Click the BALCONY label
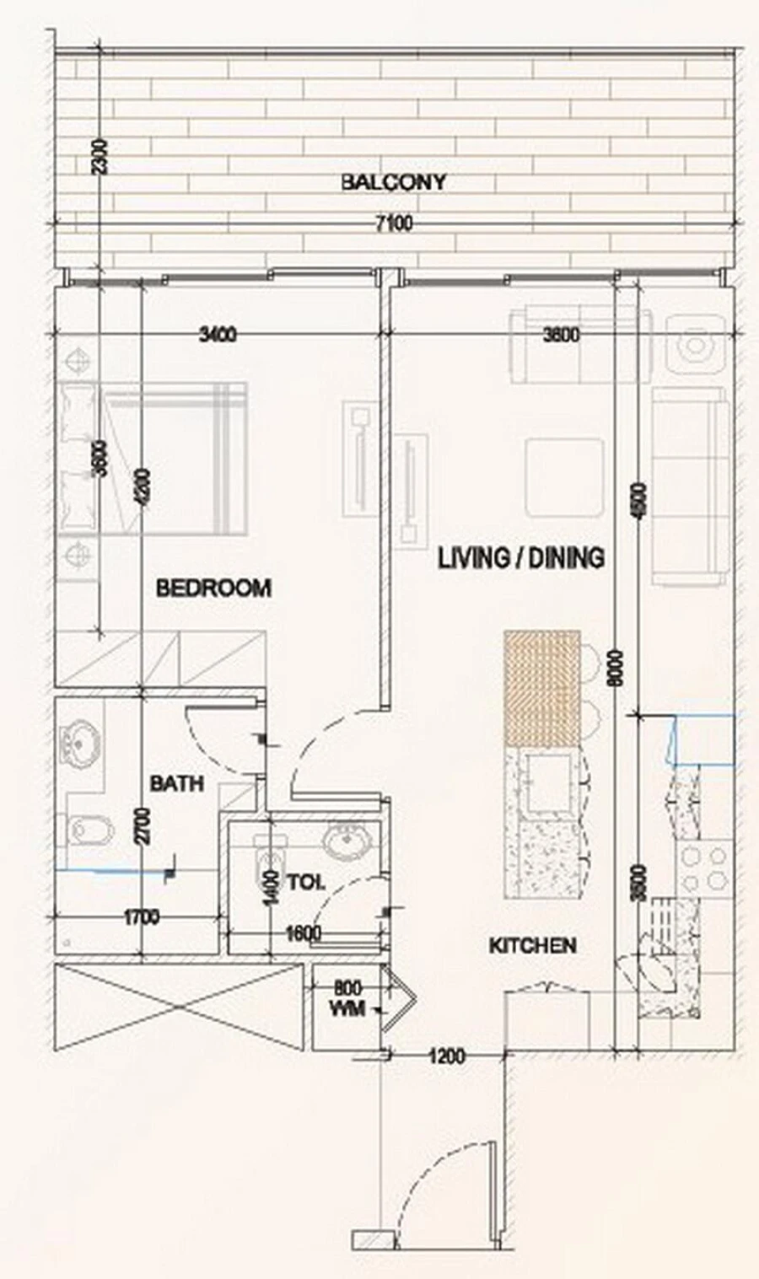(393, 182)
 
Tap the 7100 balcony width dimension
(393, 224)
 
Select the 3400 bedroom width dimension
(218, 335)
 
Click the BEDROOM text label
(213, 588)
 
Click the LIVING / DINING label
(520, 558)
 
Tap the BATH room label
(176, 783)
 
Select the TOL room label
(306, 883)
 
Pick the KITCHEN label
(533, 946)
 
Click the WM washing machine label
(347, 1008)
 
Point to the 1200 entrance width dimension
(447, 1055)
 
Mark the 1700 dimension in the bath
(141, 917)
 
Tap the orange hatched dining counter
(542, 687)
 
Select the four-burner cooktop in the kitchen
(703, 868)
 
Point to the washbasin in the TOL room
(344, 842)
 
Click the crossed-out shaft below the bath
(178, 1008)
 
